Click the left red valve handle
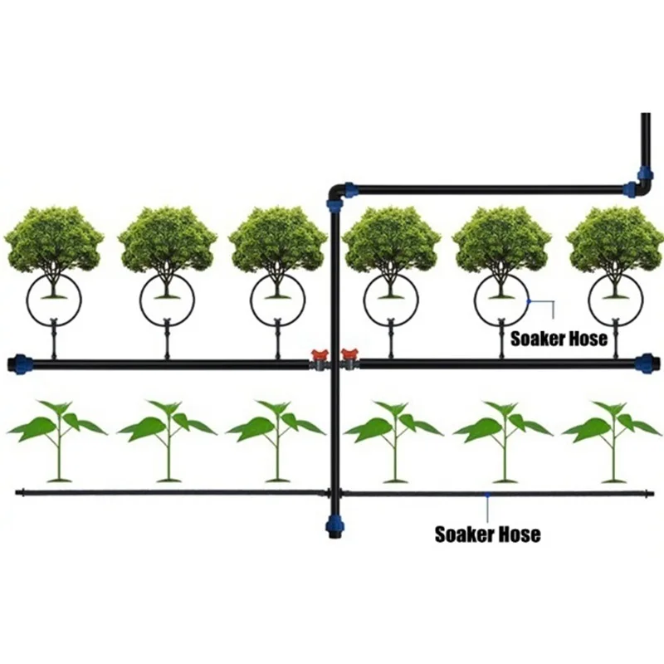tap(317, 354)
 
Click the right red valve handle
tap(348, 354)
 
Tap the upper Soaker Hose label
tap(559, 339)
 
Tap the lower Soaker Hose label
tap(487, 534)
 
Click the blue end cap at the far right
tap(644, 363)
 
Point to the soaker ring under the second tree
tap(165, 300)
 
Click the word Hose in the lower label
tap(516, 534)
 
